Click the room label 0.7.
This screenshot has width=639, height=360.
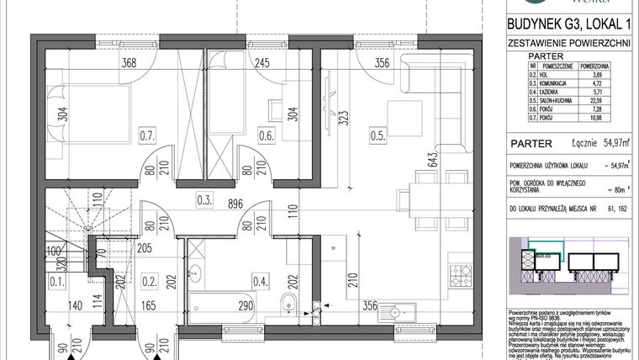coord(148,133)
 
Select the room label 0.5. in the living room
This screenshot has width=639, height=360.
coord(378,132)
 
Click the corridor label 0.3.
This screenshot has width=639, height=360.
coord(203,199)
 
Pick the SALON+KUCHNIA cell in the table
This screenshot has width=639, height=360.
coord(557,105)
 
